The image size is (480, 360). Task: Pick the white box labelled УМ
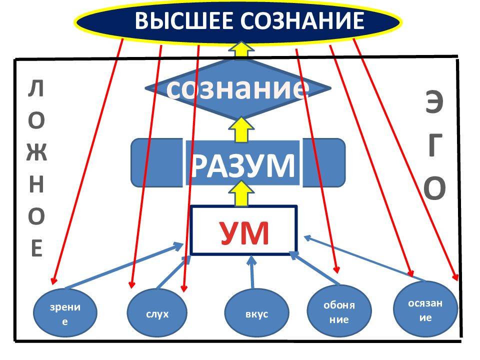point(244,231)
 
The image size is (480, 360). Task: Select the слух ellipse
point(157,314)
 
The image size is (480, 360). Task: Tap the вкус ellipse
point(256,314)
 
